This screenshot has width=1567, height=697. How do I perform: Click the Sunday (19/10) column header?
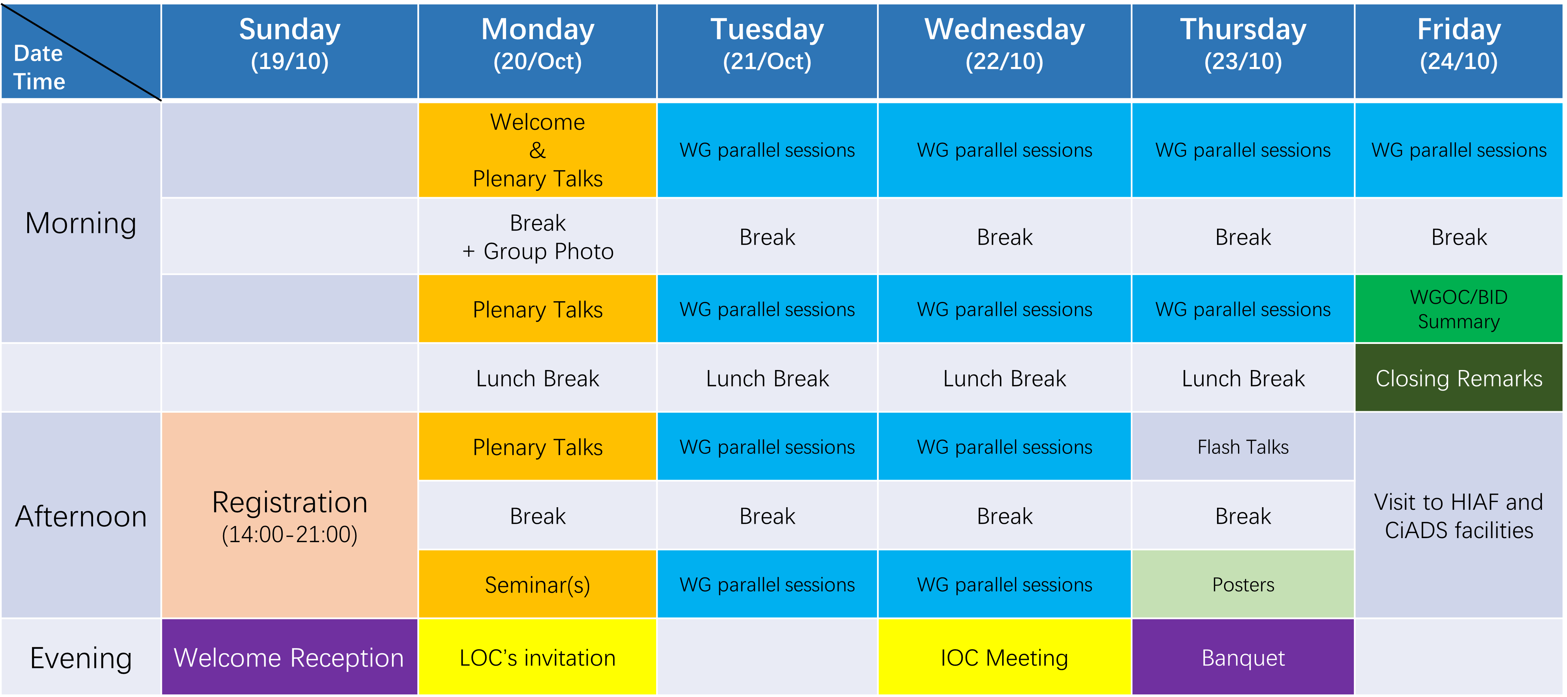click(290, 51)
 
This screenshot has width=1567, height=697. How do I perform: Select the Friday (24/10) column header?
click(1459, 51)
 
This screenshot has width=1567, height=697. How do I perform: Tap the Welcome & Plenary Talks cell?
click(538, 150)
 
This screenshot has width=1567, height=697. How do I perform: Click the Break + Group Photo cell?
click(538, 237)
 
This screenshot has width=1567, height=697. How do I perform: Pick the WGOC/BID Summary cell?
click(1459, 309)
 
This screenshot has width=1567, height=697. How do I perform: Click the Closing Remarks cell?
click(1459, 378)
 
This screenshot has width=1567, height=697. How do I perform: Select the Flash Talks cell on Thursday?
click(1243, 447)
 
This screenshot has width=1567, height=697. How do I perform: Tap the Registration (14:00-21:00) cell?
click(290, 515)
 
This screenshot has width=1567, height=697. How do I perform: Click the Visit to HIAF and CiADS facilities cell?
click(1459, 515)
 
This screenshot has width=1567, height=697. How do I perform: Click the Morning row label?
click(81, 223)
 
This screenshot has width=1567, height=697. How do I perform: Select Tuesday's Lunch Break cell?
click(767, 378)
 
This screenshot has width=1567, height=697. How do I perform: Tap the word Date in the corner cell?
click(38, 54)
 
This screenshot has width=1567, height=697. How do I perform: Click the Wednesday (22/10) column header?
click(1004, 51)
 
